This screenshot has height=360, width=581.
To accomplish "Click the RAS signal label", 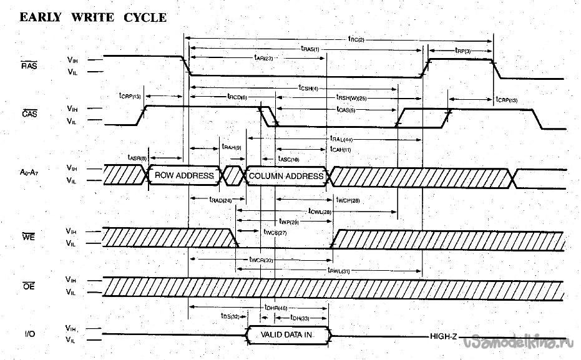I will pos(29,65).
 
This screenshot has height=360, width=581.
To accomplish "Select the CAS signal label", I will pos(29,114).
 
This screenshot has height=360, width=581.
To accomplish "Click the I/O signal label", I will pos(29,334).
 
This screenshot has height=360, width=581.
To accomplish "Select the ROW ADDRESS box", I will pos(184,176).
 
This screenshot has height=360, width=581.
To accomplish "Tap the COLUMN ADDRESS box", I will pos(286,176).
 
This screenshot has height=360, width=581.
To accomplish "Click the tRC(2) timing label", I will pos(356,39).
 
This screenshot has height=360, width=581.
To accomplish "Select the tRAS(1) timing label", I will pos(310,49).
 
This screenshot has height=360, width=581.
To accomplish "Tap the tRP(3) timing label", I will pos(463,51).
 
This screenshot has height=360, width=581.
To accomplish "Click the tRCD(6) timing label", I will pos(237,97).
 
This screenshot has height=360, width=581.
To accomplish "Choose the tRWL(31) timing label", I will pos(338,270).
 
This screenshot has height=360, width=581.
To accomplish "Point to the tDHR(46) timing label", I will pos(275,308).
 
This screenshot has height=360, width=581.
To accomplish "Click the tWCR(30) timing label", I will pos(261,260).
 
